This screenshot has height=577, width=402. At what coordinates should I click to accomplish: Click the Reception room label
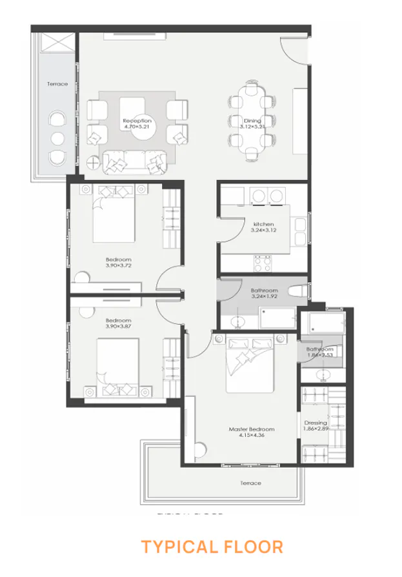point(137,121)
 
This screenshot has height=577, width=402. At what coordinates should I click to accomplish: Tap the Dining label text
point(252,121)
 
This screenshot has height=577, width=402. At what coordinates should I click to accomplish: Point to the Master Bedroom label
point(252,429)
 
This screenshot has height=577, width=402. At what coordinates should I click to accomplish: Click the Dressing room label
point(316,423)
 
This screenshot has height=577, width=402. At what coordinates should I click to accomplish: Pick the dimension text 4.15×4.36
point(252,436)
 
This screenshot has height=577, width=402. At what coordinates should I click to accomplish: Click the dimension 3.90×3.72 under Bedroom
point(118,264)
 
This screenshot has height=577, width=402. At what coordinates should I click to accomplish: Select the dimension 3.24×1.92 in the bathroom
point(264,298)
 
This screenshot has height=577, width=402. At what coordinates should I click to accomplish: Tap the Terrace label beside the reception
point(57,84)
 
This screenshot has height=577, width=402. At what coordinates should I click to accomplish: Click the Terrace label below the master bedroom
point(251,483)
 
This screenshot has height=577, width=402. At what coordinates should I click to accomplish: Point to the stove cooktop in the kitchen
point(264,263)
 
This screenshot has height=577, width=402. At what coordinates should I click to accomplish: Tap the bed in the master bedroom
point(251,365)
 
